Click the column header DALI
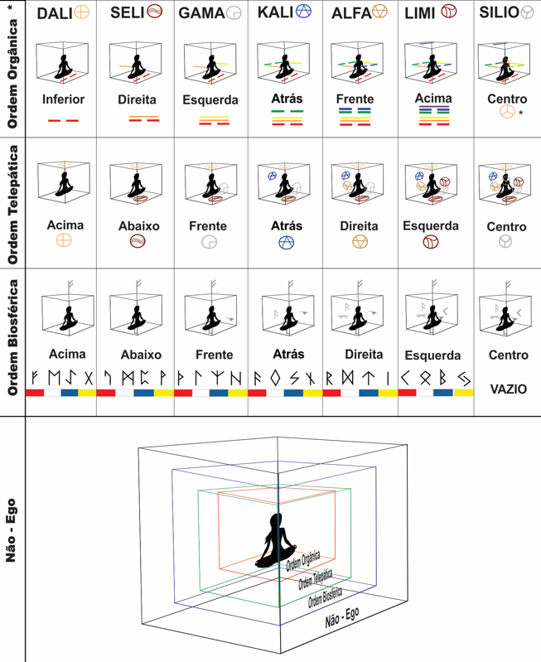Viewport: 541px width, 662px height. [x=53, y=13]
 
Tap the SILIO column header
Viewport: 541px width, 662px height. [x=500, y=13]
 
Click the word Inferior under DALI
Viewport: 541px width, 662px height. [x=63, y=100]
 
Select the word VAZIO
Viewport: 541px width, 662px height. [x=507, y=389]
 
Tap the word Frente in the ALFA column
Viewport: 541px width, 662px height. [x=355, y=99]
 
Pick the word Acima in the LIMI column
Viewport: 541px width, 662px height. [x=433, y=98]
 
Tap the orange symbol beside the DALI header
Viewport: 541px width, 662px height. [x=81, y=12]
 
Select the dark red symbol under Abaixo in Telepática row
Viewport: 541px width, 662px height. [x=138, y=241]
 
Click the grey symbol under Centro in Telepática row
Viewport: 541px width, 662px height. [x=505, y=242]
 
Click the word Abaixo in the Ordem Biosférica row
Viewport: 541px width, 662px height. [x=140, y=355]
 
